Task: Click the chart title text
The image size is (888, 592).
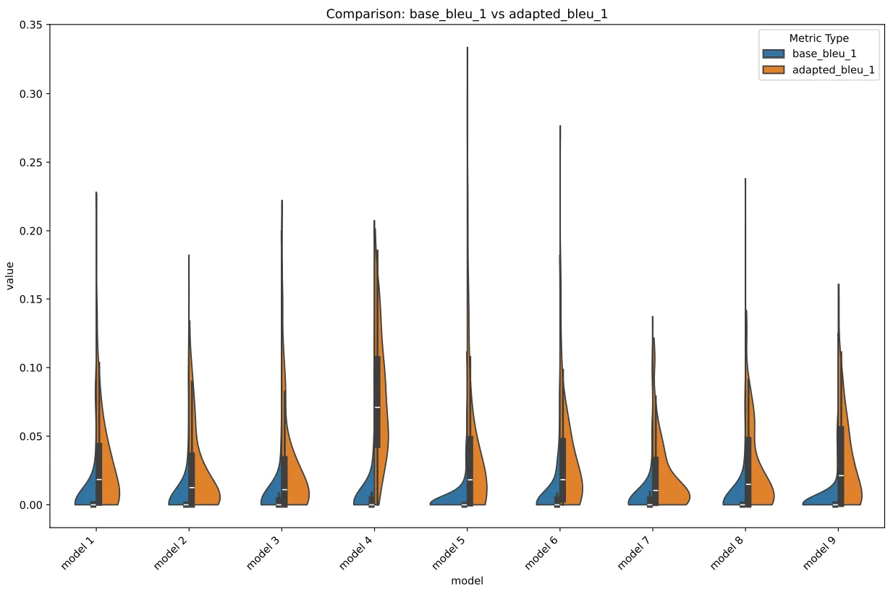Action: point(466,14)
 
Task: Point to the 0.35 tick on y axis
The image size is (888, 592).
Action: point(33,25)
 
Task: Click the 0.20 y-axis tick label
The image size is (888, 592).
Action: point(33,231)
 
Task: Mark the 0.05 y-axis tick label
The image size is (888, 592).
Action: point(33,436)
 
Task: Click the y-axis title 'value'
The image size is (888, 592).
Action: point(10,276)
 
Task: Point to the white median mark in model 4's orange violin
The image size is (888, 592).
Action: point(378,407)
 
